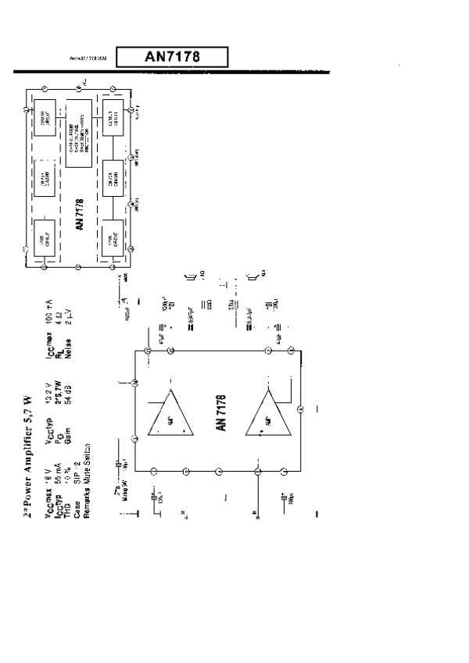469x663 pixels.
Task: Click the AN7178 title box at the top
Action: pyautogui.click(x=172, y=56)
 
